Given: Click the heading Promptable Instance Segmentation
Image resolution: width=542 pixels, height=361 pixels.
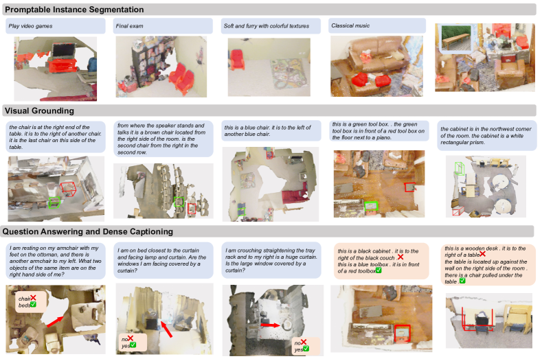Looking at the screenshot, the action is coord(74,10).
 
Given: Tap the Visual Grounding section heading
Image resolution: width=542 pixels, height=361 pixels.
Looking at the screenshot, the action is coord(39,110).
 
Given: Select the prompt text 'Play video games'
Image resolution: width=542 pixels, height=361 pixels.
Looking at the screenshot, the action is coord(30,26).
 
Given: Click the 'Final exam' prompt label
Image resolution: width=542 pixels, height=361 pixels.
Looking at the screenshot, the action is coord(129,26).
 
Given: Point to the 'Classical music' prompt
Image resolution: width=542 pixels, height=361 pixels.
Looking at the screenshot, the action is coord(350,25).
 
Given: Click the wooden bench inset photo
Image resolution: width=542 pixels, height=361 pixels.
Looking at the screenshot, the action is coord(456,38).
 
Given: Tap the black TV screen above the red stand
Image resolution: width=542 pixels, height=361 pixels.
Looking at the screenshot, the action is coord(63,51).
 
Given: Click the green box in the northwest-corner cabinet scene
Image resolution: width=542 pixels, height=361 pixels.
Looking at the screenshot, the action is coord(460,168).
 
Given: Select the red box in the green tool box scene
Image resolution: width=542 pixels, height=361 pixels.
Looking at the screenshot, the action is coord(410,187).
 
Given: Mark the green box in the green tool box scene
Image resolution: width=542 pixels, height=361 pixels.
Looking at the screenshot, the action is coord(371,206).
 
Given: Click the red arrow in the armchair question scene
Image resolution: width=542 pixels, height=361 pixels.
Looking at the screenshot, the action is coord(55,322).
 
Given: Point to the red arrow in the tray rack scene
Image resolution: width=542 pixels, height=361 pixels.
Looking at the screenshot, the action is coord(270,325).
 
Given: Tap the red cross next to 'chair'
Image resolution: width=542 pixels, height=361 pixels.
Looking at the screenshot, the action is coord(33,298).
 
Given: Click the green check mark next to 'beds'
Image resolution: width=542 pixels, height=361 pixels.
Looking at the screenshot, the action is coord(33,305).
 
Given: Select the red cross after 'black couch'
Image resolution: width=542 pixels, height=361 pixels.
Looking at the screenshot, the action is coord(400,257).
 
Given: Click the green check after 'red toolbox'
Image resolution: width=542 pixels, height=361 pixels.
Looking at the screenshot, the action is coord(379,270).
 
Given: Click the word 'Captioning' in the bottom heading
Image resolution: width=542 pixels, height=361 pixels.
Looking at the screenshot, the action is coord(151,231).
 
